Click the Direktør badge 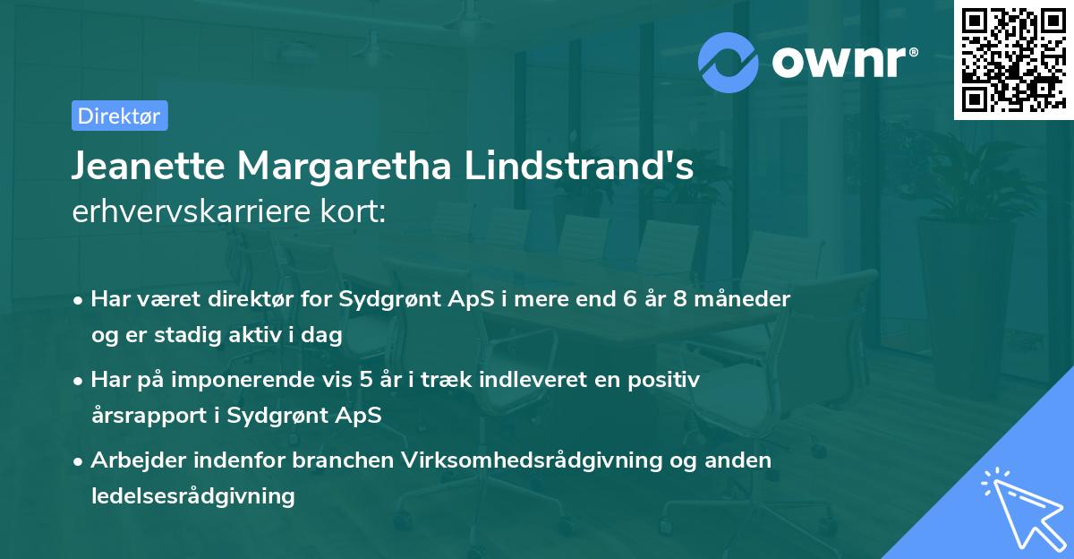point(119,116)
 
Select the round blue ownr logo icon point(729,62)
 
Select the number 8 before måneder point(681,298)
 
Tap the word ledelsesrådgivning point(192,495)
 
